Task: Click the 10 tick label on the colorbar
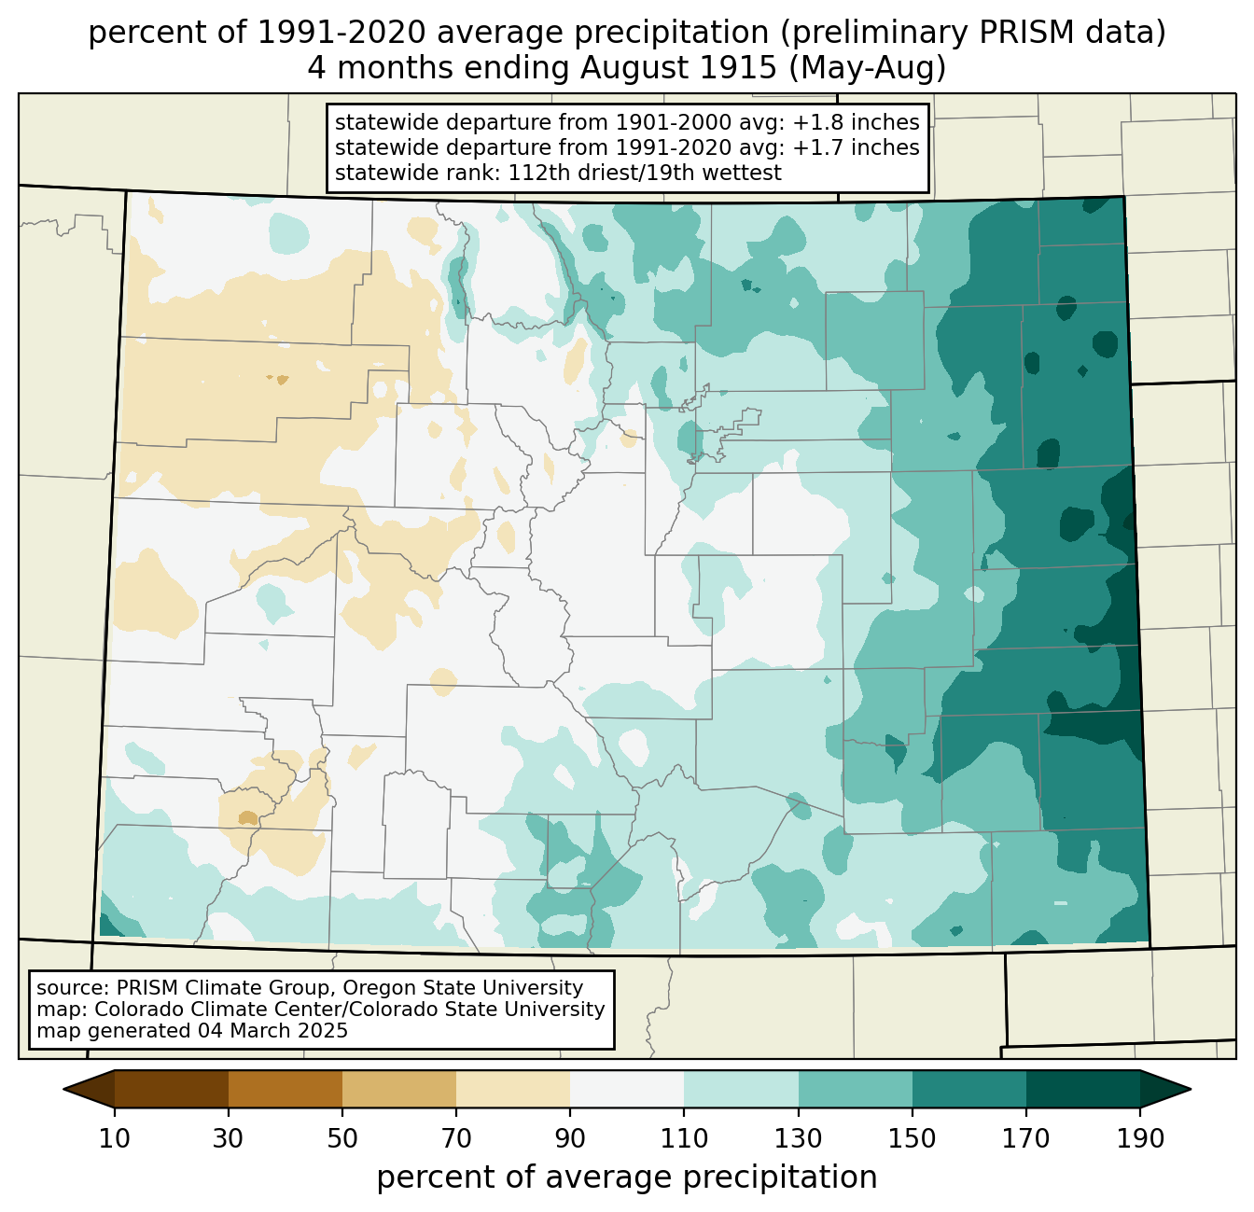tap(114, 1138)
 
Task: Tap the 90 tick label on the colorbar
tap(570, 1138)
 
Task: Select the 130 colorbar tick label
tap(798, 1138)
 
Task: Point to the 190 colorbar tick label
tap(1140, 1138)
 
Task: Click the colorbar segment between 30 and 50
tap(285, 1089)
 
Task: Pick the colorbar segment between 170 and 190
tap(1082, 1089)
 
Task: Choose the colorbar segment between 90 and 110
tap(627, 1089)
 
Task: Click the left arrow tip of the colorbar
tap(63, 1089)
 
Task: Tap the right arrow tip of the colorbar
tap(1191, 1089)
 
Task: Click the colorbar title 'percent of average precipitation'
tap(626, 1177)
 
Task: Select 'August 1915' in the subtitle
tap(678, 68)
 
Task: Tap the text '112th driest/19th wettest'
tap(645, 173)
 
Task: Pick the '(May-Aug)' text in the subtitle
tap(868, 68)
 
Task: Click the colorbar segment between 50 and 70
tap(399, 1089)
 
